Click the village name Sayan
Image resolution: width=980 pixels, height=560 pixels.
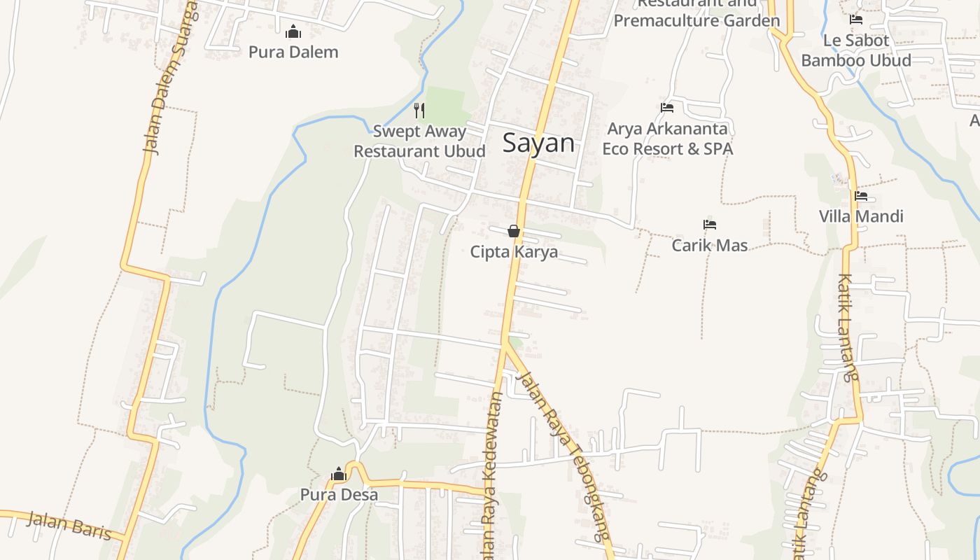pos(538,143)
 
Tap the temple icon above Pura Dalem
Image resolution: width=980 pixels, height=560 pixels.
pos(293,31)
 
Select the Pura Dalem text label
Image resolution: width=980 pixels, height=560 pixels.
pos(293,52)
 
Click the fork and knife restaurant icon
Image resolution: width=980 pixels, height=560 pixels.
pos(419,110)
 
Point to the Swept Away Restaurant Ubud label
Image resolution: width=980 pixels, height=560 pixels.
pos(419,141)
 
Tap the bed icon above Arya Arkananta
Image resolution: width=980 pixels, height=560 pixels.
pos(667,108)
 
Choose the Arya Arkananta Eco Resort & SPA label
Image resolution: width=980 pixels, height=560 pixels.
pos(667,139)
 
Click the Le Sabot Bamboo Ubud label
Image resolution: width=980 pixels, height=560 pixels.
pos(856,50)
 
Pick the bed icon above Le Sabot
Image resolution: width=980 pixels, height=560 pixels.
pos(855,20)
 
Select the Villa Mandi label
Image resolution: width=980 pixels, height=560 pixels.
pos(861,216)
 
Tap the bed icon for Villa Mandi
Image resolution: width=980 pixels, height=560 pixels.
pos(860,196)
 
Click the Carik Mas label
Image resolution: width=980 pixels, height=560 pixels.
pos(710,245)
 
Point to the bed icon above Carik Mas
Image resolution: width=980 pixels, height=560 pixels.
pos(710,225)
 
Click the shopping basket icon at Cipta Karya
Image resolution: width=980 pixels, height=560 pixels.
pos(514,231)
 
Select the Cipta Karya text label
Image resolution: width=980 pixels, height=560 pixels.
pos(514,251)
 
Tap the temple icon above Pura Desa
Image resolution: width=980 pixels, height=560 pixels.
pos(339,474)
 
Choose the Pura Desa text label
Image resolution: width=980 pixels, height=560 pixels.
pos(339,494)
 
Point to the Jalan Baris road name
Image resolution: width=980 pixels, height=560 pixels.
pos(70,525)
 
